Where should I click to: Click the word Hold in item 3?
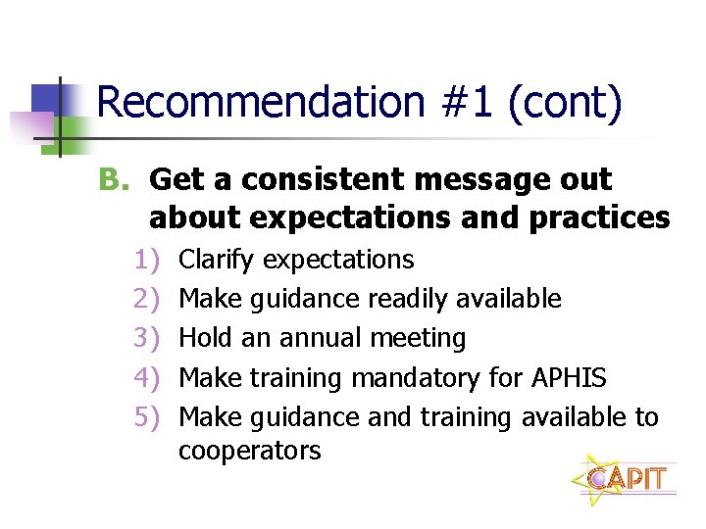(x=205, y=338)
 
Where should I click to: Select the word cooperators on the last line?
(x=249, y=451)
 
